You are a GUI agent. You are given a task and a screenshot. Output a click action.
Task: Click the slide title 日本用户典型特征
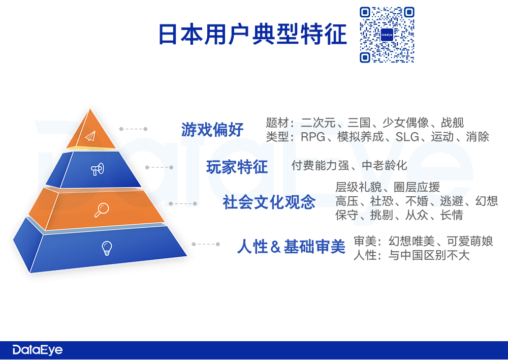[x=252, y=34]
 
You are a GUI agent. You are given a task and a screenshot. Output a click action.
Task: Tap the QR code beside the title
[x=387, y=35]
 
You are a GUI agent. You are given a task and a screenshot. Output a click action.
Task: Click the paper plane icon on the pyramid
[x=90, y=136]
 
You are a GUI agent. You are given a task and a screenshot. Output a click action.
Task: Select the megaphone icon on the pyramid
[x=97, y=169]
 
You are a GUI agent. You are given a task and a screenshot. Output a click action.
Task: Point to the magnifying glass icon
[x=102, y=210]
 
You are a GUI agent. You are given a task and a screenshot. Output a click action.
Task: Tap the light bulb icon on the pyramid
[x=107, y=249]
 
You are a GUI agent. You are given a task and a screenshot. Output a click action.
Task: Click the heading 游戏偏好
[x=212, y=130]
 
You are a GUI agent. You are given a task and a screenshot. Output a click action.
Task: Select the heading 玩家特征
[x=237, y=167]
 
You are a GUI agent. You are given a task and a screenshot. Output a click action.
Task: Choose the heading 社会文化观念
[x=269, y=202]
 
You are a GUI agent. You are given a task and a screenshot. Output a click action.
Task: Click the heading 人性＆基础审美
[x=291, y=247]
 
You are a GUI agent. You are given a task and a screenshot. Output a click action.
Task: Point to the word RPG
[x=313, y=137]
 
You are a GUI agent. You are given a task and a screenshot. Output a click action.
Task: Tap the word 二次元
[x=319, y=123]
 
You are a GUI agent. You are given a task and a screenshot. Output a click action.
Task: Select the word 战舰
[x=452, y=123]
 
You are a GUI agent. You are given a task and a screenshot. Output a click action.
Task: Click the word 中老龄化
[x=384, y=165]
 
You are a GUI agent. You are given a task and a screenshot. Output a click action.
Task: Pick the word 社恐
[x=382, y=201]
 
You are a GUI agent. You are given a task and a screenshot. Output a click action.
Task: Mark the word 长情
[x=452, y=215]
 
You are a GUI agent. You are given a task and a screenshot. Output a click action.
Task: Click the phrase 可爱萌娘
[x=470, y=242]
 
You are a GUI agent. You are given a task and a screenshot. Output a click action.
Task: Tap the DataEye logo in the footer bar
[x=38, y=350]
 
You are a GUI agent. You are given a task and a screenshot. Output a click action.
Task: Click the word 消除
[x=477, y=137]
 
